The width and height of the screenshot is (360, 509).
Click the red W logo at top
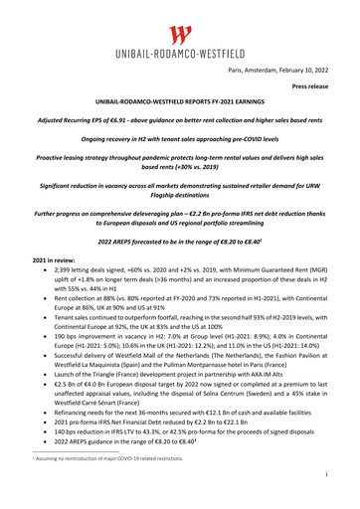tap(179, 39)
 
